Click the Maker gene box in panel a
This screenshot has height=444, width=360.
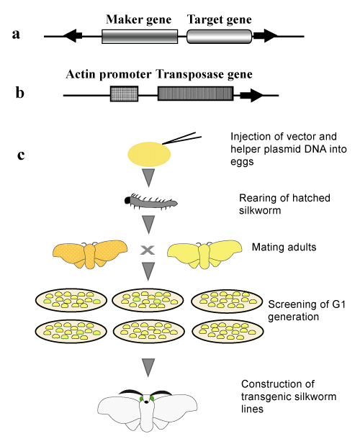(140, 37)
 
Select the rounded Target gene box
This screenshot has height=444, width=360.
(219, 37)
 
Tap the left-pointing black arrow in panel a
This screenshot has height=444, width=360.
(73, 36)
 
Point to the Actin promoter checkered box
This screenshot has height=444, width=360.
(124, 94)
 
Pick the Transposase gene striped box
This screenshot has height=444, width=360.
(195, 94)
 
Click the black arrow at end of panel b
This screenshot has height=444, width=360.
(251, 96)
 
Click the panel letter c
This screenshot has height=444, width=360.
(21, 155)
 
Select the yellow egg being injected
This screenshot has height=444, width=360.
(149, 154)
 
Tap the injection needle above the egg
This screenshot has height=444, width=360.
(182, 138)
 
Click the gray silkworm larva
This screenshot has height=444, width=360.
(151, 201)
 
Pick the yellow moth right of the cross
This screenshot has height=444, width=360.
(204, 254)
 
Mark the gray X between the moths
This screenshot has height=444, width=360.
(148, 250)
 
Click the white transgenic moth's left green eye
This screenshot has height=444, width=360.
(141, 399)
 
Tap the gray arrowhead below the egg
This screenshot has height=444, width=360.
(149, 178)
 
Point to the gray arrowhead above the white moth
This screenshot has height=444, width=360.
(148, 368)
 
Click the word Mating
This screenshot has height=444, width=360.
(267, 248)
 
